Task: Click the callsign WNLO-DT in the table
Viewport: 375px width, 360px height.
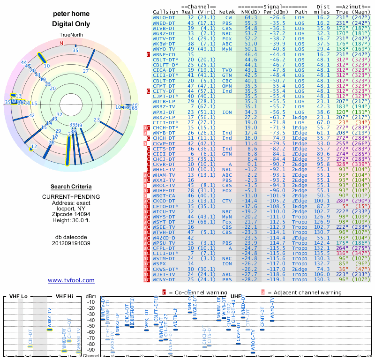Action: pyautogui.click(x=164, y=17)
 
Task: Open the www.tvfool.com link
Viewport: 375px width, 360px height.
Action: pyautogui.click(x=71, y=280)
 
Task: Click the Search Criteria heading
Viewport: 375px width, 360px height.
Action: pyautogui.click(x=71, y=187)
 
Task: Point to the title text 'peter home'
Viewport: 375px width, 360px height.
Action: pyautogui.click(x=71, y=14)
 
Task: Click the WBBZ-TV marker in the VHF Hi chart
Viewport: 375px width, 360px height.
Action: pyautogui.click(x=50, y=330)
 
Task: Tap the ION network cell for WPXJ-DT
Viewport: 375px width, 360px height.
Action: pyautogui.click(x=227, y=112)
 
